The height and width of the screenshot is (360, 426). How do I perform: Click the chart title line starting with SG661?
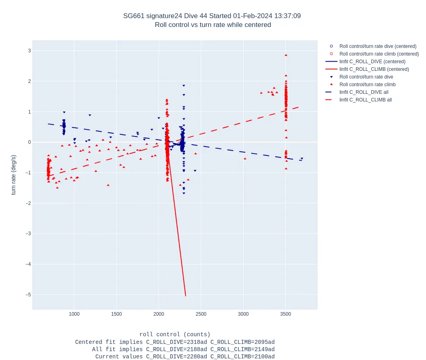coord(212,16)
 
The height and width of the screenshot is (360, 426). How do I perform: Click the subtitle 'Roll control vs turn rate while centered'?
coord(213,25)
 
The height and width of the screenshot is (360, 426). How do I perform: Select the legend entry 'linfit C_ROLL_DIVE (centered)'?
coord(372,62)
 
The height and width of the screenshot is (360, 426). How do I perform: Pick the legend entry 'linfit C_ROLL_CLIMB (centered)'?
coord(374,69)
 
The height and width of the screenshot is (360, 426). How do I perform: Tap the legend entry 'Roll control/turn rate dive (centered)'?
coord(378,46)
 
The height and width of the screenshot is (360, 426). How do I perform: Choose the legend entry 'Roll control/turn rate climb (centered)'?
coord(379,54)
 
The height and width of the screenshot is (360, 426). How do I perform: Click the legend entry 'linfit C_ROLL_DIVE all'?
coord(364,92)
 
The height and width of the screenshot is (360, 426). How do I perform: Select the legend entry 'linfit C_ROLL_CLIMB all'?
coord(365,100)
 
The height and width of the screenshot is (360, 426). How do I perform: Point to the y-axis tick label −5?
coord(27,295)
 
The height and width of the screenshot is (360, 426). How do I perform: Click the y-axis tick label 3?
coord(29,51)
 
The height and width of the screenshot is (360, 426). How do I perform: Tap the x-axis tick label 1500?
coord(116,314)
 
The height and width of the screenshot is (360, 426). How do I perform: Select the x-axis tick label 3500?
coord(286,314)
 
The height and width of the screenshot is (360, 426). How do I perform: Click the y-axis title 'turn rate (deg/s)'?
coord(14,175)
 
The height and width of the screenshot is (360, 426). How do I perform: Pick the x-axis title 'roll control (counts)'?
coord(175,335)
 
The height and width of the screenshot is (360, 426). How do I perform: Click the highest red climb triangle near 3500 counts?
coord(286,55)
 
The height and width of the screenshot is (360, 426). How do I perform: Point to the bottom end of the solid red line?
coord(186,296)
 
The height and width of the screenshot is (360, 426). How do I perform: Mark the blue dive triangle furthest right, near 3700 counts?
coord(302,159)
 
